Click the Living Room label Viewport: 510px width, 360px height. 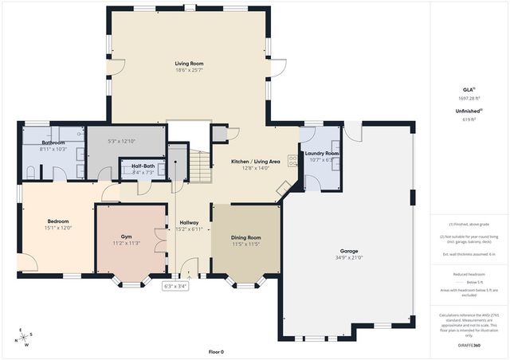pos(189,63)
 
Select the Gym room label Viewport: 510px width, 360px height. pos(126,237)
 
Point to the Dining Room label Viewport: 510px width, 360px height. pos(245,237)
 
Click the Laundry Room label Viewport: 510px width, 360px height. pos(322,153)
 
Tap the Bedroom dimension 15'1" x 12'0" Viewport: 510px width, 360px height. pos(57,227)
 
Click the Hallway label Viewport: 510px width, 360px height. pos(189,222)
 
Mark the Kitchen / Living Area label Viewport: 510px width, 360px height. pos(255,162)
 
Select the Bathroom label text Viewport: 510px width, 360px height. pos(53,143)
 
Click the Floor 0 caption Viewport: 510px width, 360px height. pos(216,351)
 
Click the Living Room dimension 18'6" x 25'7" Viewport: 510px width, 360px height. pos(189,70)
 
